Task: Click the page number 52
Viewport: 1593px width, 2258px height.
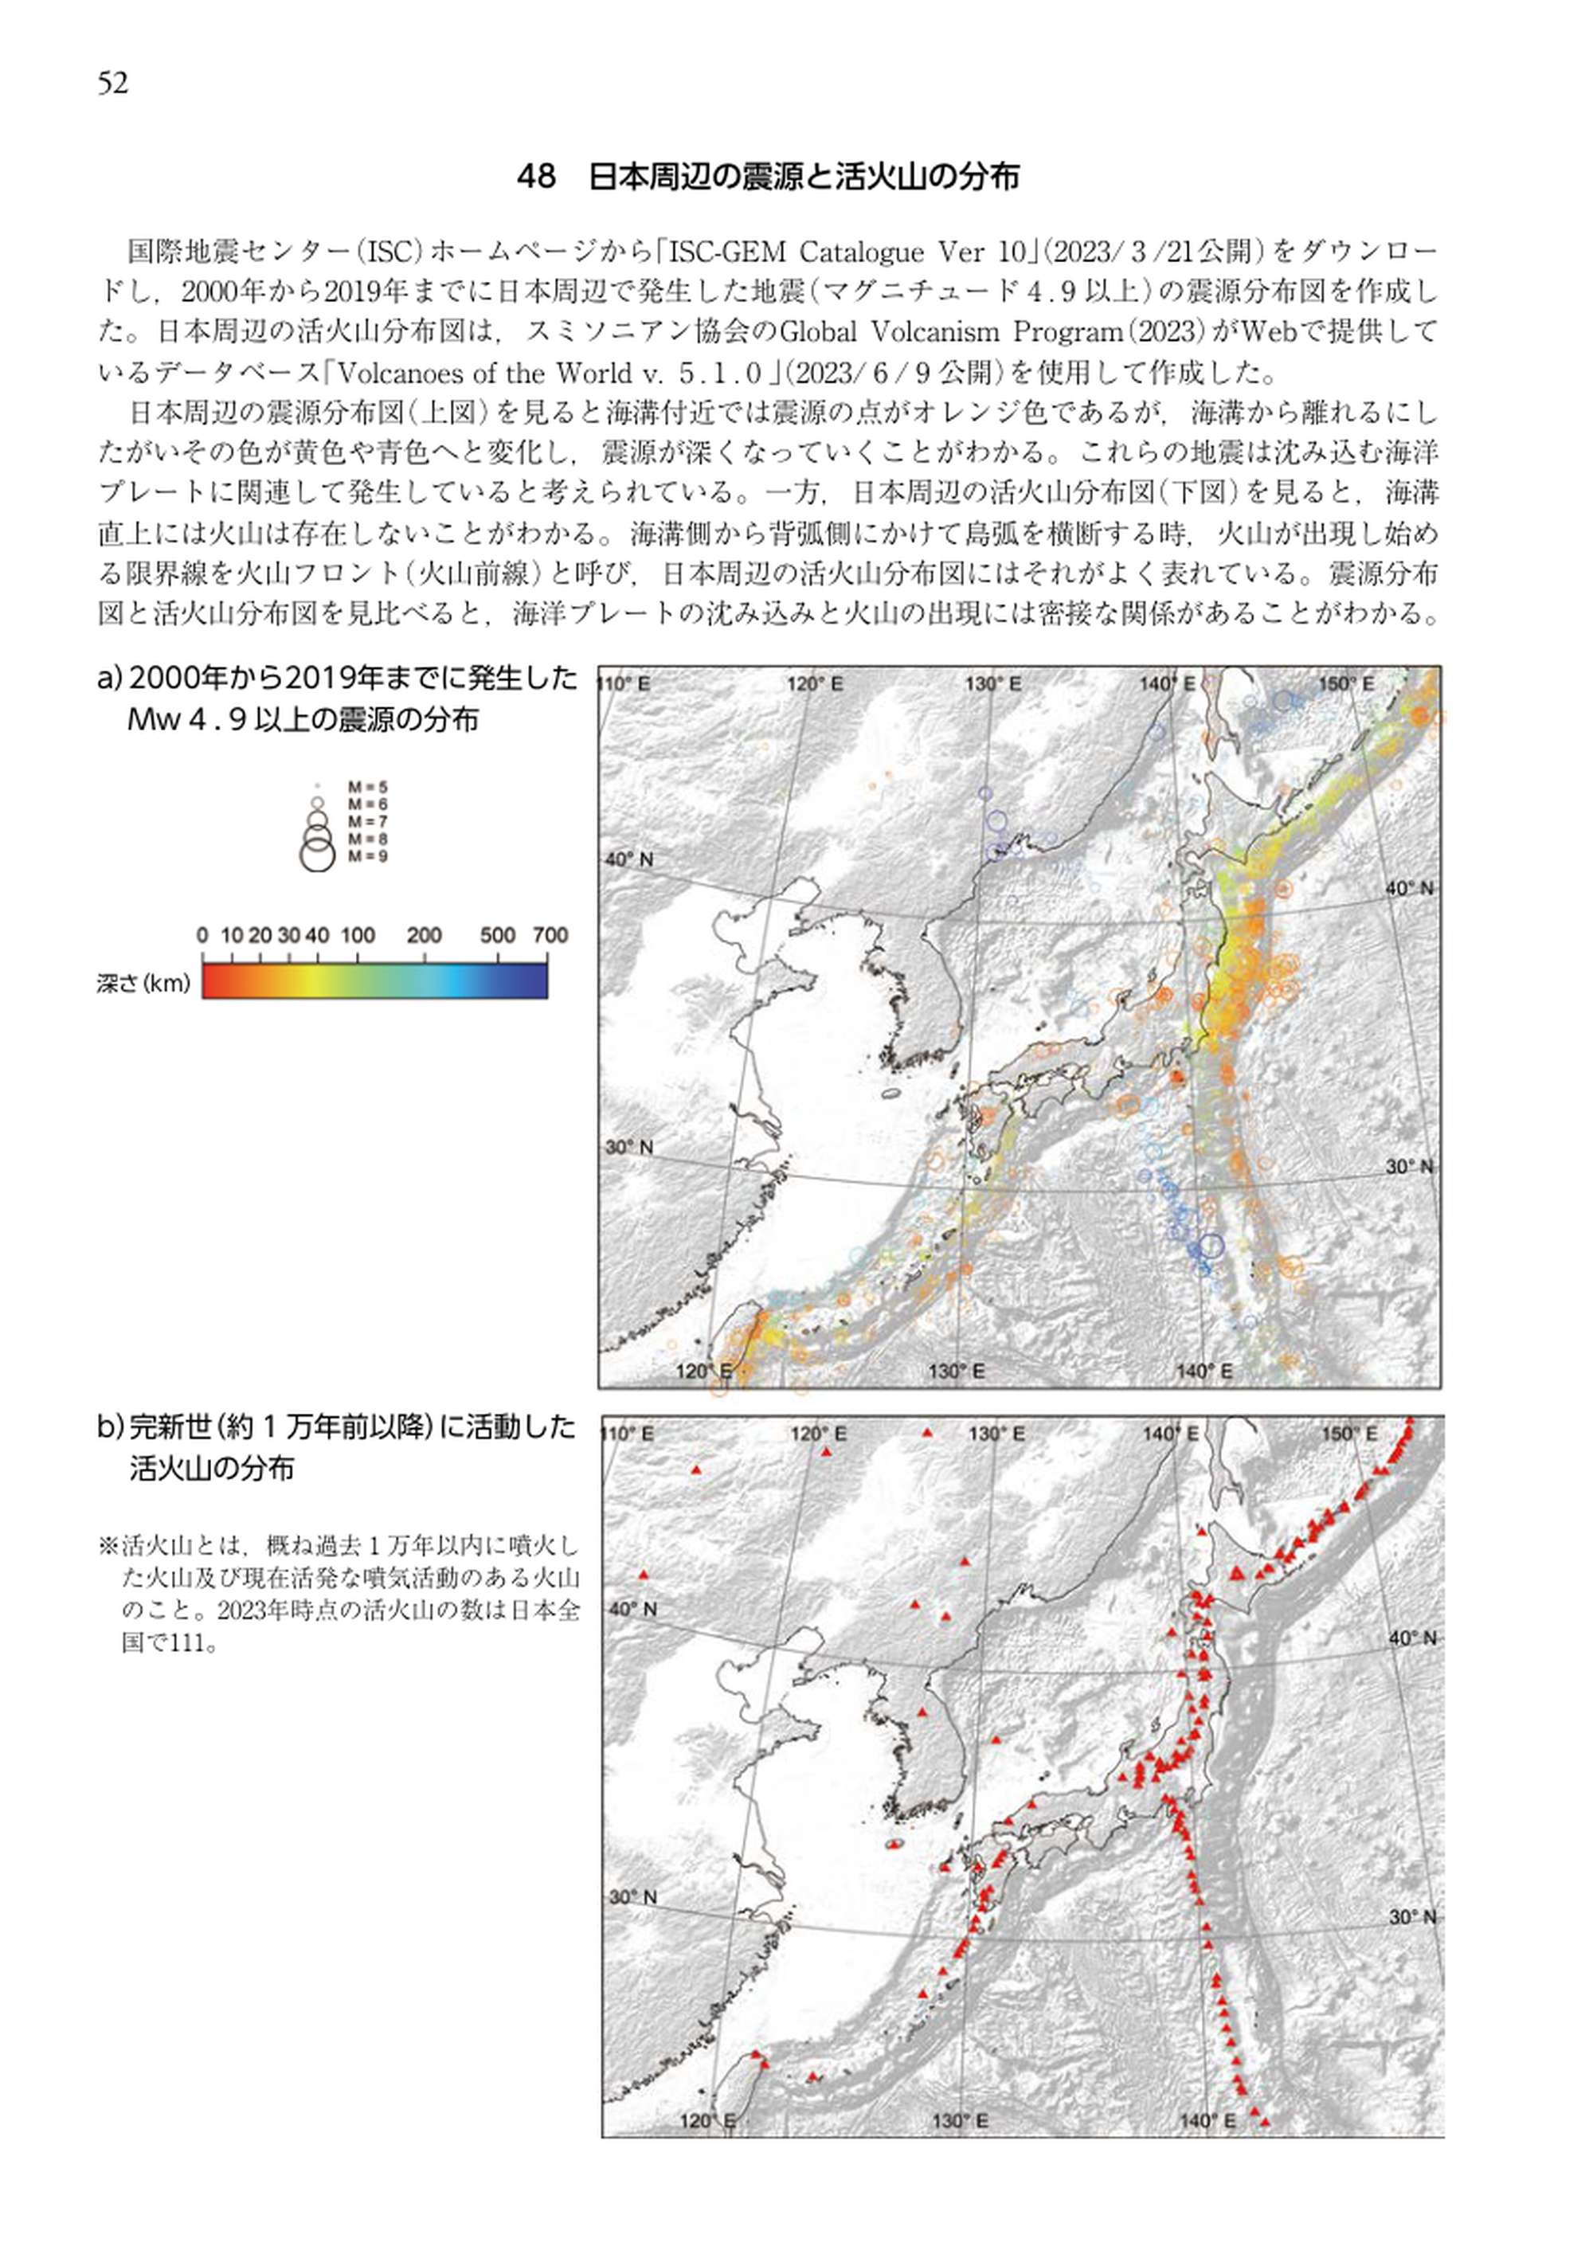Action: tap(113, 84)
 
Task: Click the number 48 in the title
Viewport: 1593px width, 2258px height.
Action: tap(536, 177)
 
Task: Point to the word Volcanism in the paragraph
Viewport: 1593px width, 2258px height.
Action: tap(930, 331)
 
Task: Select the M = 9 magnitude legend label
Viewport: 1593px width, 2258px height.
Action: tap(368, 856)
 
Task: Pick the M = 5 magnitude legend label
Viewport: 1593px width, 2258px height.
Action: tap(368, 787)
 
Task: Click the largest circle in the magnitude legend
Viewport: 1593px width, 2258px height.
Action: tap(317, 855)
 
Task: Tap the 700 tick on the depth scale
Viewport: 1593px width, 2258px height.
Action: tap(550, 935)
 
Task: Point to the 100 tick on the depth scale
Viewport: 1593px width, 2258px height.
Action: tap(358, 935)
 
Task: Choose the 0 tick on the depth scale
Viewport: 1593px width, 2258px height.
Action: tap(202, 935)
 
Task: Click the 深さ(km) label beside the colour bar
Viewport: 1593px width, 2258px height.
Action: tap(143, 984)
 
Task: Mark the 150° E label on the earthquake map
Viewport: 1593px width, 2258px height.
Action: tap(1346, 683)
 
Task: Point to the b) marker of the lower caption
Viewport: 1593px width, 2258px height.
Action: tap(110, 1428)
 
